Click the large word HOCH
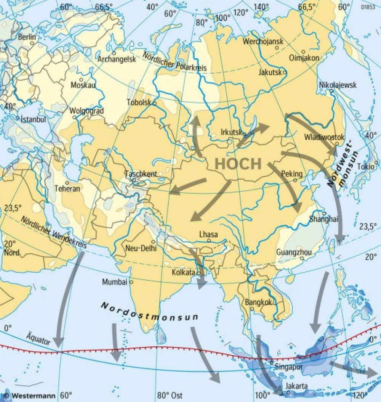tap(238, 164)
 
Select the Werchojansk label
tap(263, 42)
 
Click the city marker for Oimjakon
tap(303, 51)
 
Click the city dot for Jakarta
tap(288, 392)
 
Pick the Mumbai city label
tap(114, 282)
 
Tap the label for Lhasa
tap(208, 235)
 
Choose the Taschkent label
tap(141, 174)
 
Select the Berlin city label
tap(27, 37)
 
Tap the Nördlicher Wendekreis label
tap(53, 233)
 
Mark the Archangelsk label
tap(117, 59)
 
